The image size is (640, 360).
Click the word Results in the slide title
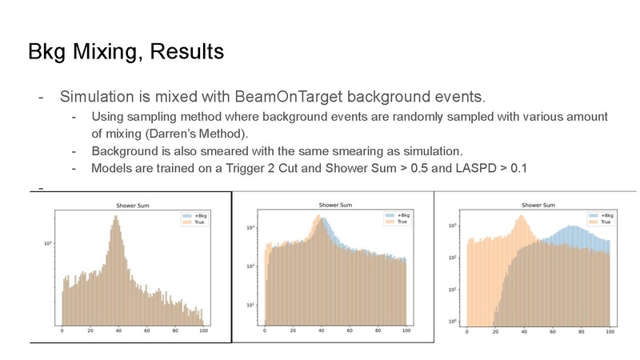(x=187, y=51)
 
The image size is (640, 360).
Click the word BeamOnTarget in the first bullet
(x=289, y=97)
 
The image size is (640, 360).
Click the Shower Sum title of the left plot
(x=133, y=206)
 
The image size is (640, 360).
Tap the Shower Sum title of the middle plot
(x=335, y=205)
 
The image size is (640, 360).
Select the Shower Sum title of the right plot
(x=538, y=205)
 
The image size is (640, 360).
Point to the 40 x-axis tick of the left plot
(x=118, y=330)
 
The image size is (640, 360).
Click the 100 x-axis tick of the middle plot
(x=406, y=330)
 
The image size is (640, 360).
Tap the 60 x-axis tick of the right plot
(x=553, y=331)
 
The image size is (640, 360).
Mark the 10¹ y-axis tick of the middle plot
(x=250, y=305)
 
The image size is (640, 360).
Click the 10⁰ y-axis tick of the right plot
(x=452, y=322)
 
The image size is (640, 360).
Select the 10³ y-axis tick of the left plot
(x=48, y=243)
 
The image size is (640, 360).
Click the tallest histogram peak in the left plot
(x=116, y=216)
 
